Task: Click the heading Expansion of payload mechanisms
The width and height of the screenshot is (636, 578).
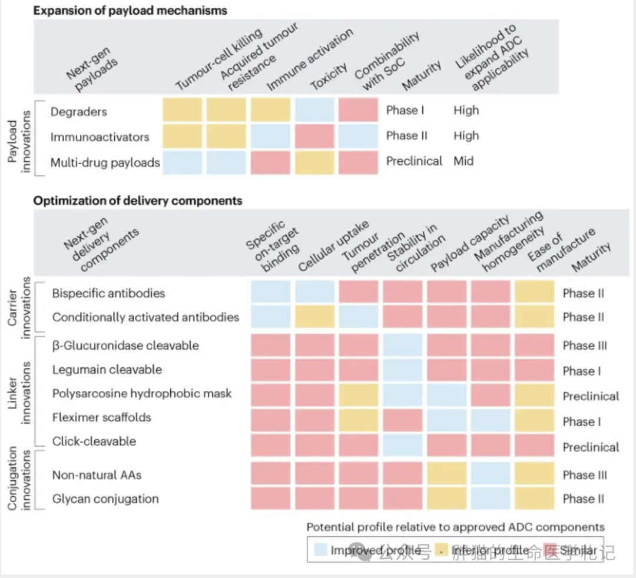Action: [130, 11]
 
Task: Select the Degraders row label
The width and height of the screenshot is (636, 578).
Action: [79, 111]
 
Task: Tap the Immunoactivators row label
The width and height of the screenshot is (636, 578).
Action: [100, 137]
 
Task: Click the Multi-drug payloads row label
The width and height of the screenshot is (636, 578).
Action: [105, 162]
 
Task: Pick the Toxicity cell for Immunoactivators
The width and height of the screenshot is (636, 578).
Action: [314, 137]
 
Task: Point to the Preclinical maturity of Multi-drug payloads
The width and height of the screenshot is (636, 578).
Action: [414, 161]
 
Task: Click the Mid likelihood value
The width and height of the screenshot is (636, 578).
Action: [463, 161]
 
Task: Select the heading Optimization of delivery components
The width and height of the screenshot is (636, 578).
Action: [138, 201]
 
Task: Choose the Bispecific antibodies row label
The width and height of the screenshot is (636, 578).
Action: [108, 293]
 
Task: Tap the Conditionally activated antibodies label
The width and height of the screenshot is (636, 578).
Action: [145, 317]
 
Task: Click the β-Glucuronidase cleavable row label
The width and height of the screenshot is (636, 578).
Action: [125, 346]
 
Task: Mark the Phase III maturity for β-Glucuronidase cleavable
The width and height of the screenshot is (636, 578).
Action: [585, 346]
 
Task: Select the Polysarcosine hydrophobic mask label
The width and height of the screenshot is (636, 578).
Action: [142, 393]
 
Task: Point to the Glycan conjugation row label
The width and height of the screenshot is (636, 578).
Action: [105, 499]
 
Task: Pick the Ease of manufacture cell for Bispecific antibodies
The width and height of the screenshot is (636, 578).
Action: [534, 293]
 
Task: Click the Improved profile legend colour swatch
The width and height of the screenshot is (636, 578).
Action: [320, 550]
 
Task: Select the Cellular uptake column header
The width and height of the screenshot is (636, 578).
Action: [333, 248]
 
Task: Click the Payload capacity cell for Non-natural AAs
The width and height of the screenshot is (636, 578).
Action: [447, 474]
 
